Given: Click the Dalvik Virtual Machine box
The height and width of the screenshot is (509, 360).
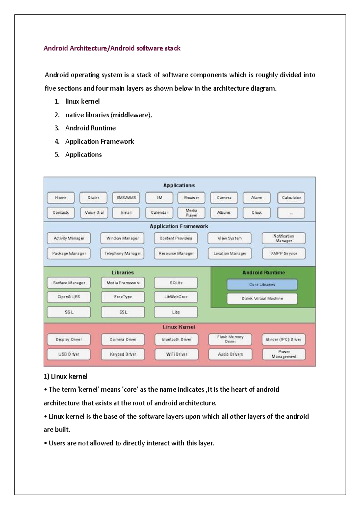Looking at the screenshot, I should pos(262,298).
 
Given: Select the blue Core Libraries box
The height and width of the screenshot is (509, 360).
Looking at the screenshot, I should pos(262,284).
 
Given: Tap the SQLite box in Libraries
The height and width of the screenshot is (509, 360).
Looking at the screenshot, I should pos(176,283).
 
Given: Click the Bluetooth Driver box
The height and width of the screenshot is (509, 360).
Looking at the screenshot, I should pos(176,339).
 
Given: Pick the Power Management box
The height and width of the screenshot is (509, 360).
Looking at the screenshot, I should pos(284,354).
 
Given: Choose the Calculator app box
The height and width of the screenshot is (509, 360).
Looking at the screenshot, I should pos(291,198).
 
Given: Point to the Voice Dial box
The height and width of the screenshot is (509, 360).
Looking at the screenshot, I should pos(94,212).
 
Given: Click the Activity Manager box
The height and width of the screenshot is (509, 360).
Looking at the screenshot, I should pos(69,238).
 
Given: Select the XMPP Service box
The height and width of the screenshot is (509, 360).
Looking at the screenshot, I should pos(284,253).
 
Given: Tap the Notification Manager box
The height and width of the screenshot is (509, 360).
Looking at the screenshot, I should pos(283,238).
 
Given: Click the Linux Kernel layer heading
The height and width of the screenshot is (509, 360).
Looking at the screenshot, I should pos(179,327).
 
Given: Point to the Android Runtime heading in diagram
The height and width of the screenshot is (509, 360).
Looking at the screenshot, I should pos(263,272).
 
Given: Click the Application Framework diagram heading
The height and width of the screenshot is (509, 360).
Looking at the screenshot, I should pos(179,226).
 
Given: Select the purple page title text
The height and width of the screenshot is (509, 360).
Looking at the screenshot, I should pos(112,48).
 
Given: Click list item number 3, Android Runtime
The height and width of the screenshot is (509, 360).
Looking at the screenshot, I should pos(90,128).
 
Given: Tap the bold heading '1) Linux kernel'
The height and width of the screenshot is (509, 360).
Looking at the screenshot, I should pos(66,376).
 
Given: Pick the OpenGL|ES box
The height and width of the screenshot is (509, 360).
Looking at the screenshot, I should pos(69,297).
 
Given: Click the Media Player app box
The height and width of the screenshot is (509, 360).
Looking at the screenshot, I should pos(191,212).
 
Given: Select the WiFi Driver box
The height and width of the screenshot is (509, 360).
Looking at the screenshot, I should pos(176,354).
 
